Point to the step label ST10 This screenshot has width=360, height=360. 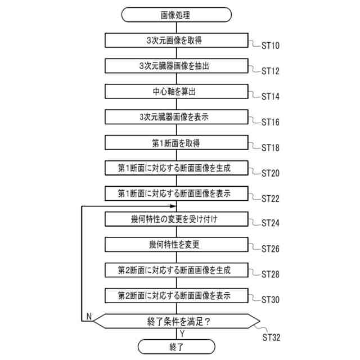[271, 46]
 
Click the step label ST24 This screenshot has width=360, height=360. [271, 223]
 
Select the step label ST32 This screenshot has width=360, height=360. [271, 337]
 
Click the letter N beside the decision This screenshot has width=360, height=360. [89, 317]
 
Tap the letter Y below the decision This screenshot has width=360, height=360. [182, 334]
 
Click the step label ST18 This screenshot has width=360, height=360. [271, 147]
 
